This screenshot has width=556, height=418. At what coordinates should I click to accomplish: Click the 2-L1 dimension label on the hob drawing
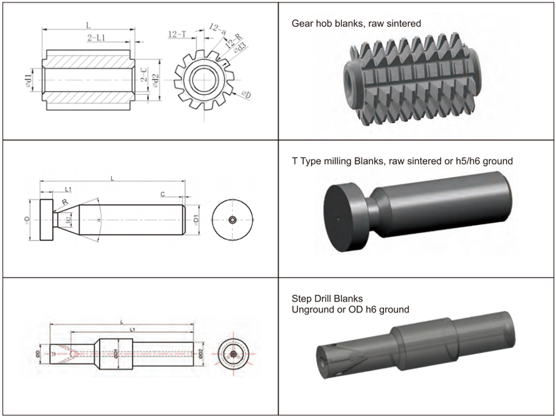coord(98,38)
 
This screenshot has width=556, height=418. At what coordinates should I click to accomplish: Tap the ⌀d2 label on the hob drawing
coord(155,79)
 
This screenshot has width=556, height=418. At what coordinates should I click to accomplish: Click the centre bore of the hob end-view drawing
coord(204,79)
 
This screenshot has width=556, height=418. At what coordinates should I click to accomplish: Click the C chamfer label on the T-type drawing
coord(163,194)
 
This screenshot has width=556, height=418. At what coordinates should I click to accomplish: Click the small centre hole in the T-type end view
coord(232,219)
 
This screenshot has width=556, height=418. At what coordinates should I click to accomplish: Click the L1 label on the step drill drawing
coord(132,329)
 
